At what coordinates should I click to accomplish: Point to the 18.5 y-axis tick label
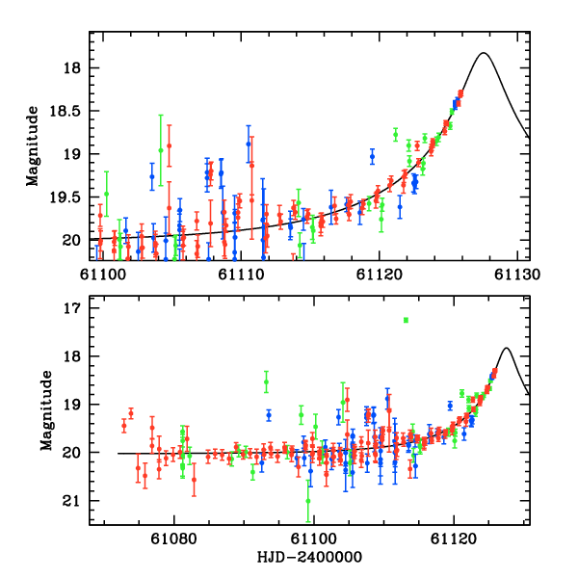(x=66, y=112)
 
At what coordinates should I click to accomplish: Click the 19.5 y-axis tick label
(x=66, y=197)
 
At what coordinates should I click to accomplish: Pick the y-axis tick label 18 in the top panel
(x=73, y=68)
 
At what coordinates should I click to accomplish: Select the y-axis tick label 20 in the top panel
(x=73, y=240)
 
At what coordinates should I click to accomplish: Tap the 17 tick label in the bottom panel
(x=73, y=308)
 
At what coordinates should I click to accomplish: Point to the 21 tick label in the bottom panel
(x=73, y=501)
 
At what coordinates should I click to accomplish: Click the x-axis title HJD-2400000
(x=310, y=558)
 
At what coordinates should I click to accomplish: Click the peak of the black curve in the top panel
(x=484, y=53)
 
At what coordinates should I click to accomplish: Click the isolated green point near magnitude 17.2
(x=407, y=320)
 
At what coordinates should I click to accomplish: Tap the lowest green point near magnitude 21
(x=308, y=501)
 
